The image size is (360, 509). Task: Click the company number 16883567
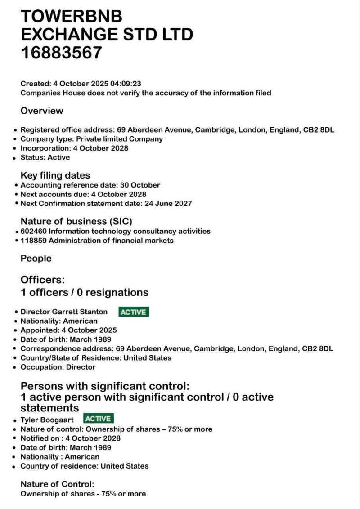pyautogui.click(x=62, y=53)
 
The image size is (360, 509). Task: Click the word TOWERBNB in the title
pyautogui.click(x=72, y=16)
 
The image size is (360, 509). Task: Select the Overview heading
pyautogui.click(x=42, y=111)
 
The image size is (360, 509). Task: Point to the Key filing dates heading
pyautogui.click(x=55, y=175)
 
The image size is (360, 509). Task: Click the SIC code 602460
pyautogui.click(x=33, y=231)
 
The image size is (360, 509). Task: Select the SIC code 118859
pyautogui.click(x=33, y=241)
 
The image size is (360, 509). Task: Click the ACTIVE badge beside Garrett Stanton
pyautogui.click(x=134, y=312)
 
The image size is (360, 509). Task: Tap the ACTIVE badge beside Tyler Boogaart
pyautogui.click(x=99, y=419)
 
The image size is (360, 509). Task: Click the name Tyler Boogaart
pyautogui.click(x=47, y=420)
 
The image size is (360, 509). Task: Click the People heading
pyautogui.click(x=36, y=259)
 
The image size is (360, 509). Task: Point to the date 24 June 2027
pyautogui.click(x=168, y=203)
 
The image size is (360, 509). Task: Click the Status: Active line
pyautogui.click(x=45, y=157)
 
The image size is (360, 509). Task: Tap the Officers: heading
pyautogui.click(x=43, y=280)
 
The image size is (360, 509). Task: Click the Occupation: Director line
pyautogui.click(x=58, y=367)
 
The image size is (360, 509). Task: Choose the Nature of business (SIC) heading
pyautogui.click(x=76, y=221)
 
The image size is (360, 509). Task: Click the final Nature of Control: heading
pyautogui.click(x=57, y=484)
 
